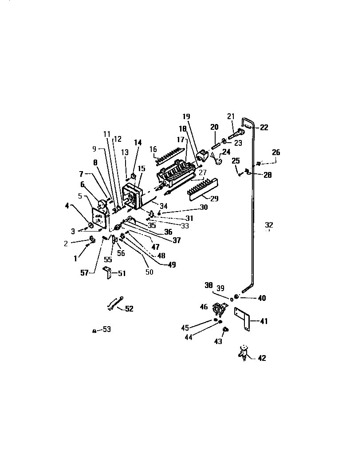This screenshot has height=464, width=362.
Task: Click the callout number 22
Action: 264,128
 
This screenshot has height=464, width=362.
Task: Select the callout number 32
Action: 269,224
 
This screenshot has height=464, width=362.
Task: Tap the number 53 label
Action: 106,329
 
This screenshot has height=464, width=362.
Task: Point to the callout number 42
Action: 262,358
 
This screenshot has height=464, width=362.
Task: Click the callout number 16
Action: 153,149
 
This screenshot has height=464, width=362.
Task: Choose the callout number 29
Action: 214,199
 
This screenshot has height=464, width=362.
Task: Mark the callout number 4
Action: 67,205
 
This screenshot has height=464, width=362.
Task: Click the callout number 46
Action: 204,306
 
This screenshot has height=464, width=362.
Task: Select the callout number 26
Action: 276,152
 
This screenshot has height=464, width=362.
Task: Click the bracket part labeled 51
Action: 108,272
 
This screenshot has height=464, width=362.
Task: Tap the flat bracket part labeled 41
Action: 243,319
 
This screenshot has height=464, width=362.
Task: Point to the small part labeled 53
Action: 94,330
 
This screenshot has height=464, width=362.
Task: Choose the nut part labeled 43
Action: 225,330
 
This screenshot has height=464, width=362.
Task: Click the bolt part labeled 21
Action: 236,132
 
